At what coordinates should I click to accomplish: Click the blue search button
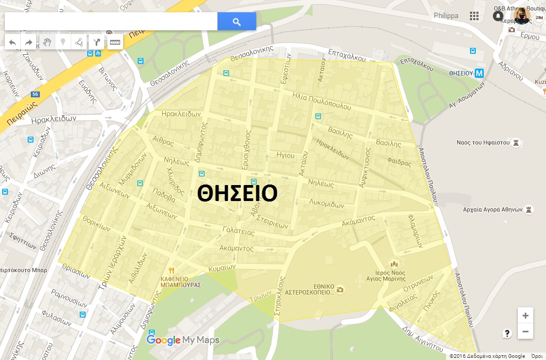[x=237, y=22]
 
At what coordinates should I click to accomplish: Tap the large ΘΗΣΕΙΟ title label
[x=237, y=194]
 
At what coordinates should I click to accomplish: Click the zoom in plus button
[x=525, y=316]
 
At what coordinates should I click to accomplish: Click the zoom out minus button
[x=525, y=332]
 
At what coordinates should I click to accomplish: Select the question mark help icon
[x=507, y=333]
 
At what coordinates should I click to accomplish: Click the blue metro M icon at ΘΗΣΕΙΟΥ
[x=480, y=73]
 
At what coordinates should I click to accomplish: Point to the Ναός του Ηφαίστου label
[x=483, y=143]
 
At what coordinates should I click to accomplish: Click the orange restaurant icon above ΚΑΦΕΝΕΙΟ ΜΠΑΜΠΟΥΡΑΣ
[x=171, y=270]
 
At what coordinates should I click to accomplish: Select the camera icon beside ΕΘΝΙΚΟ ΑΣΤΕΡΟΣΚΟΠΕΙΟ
[x=340, y=289]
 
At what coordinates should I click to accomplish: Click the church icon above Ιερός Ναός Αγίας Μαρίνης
[x=394, y=263]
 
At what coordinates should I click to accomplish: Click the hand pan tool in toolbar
[x=47, y=42]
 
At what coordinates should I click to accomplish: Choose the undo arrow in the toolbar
[x=13, y=42]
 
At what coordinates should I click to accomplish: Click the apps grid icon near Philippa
[x=474, y=16]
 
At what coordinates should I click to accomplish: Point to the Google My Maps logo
[x=183, y=340]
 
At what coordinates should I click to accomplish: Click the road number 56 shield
[x=35, y=94]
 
